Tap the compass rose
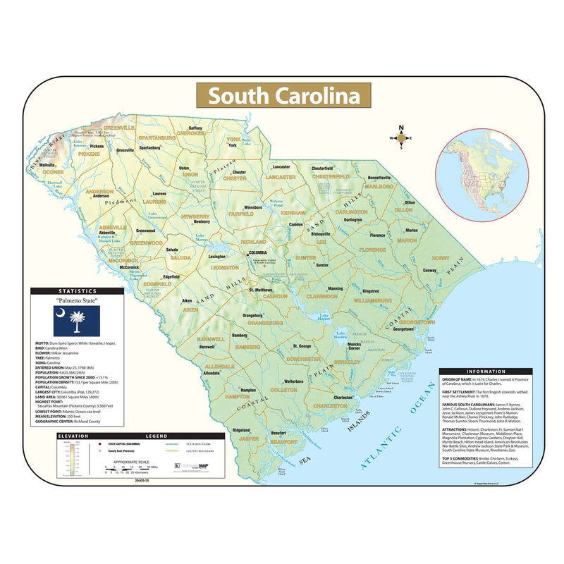(401, 138)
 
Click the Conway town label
(430, 271)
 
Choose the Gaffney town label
(195, 128)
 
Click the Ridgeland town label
(241, 430)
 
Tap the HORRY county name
(441, 258)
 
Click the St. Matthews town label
(261, 290)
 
